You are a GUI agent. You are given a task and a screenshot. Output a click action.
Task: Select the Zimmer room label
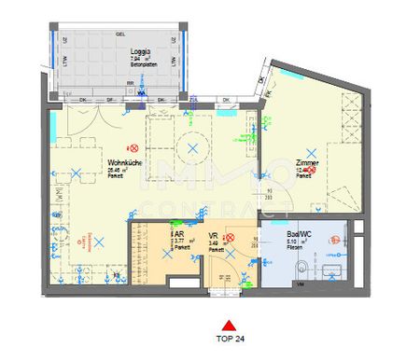coord(308,163)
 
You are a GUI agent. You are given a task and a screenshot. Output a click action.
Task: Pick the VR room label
coord(214,238)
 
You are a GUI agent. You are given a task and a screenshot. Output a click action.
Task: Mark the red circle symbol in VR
coord(231,239)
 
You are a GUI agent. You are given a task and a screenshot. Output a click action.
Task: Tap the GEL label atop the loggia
coord(119,34)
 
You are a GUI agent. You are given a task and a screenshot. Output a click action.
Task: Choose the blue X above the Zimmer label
coord(314,151)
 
